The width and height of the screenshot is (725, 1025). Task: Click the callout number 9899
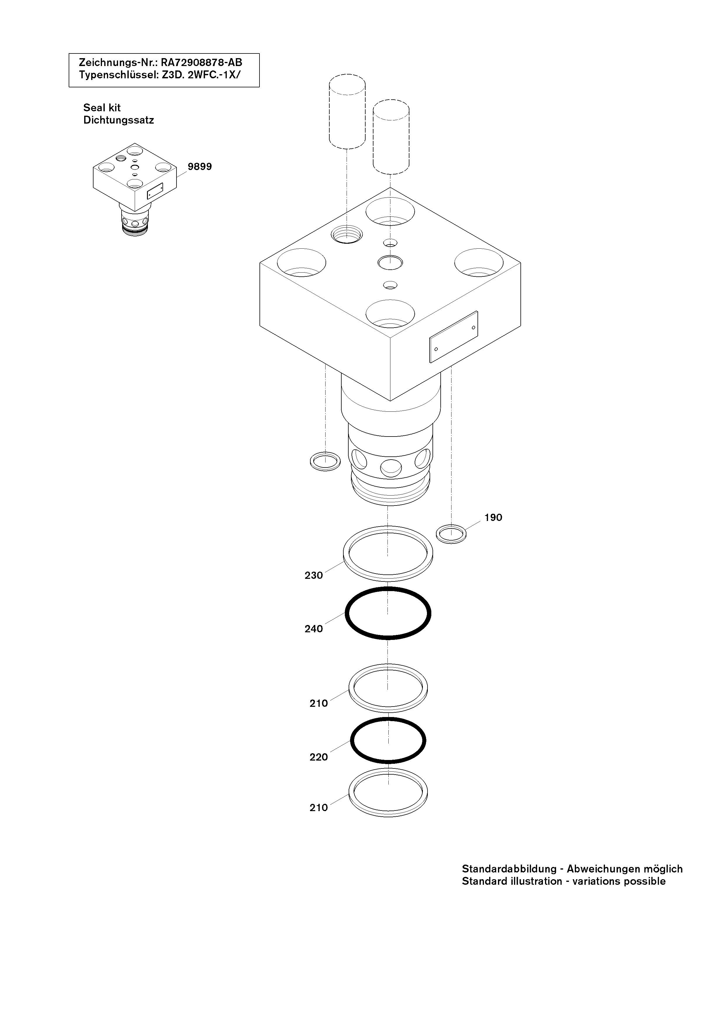(200, 167)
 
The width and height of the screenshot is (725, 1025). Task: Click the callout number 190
(493, 517)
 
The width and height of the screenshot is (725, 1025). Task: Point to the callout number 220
(319, 757)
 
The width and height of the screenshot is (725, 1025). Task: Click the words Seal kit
(102, 108)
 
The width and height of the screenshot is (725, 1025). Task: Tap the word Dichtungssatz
(119, 120)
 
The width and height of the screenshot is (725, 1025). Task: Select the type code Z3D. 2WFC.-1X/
(201, 75)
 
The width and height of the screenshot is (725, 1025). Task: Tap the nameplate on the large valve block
(454, 337)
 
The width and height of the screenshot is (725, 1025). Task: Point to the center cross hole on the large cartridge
(391, 467)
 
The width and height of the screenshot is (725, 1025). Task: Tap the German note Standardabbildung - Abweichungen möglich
(572, 869)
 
